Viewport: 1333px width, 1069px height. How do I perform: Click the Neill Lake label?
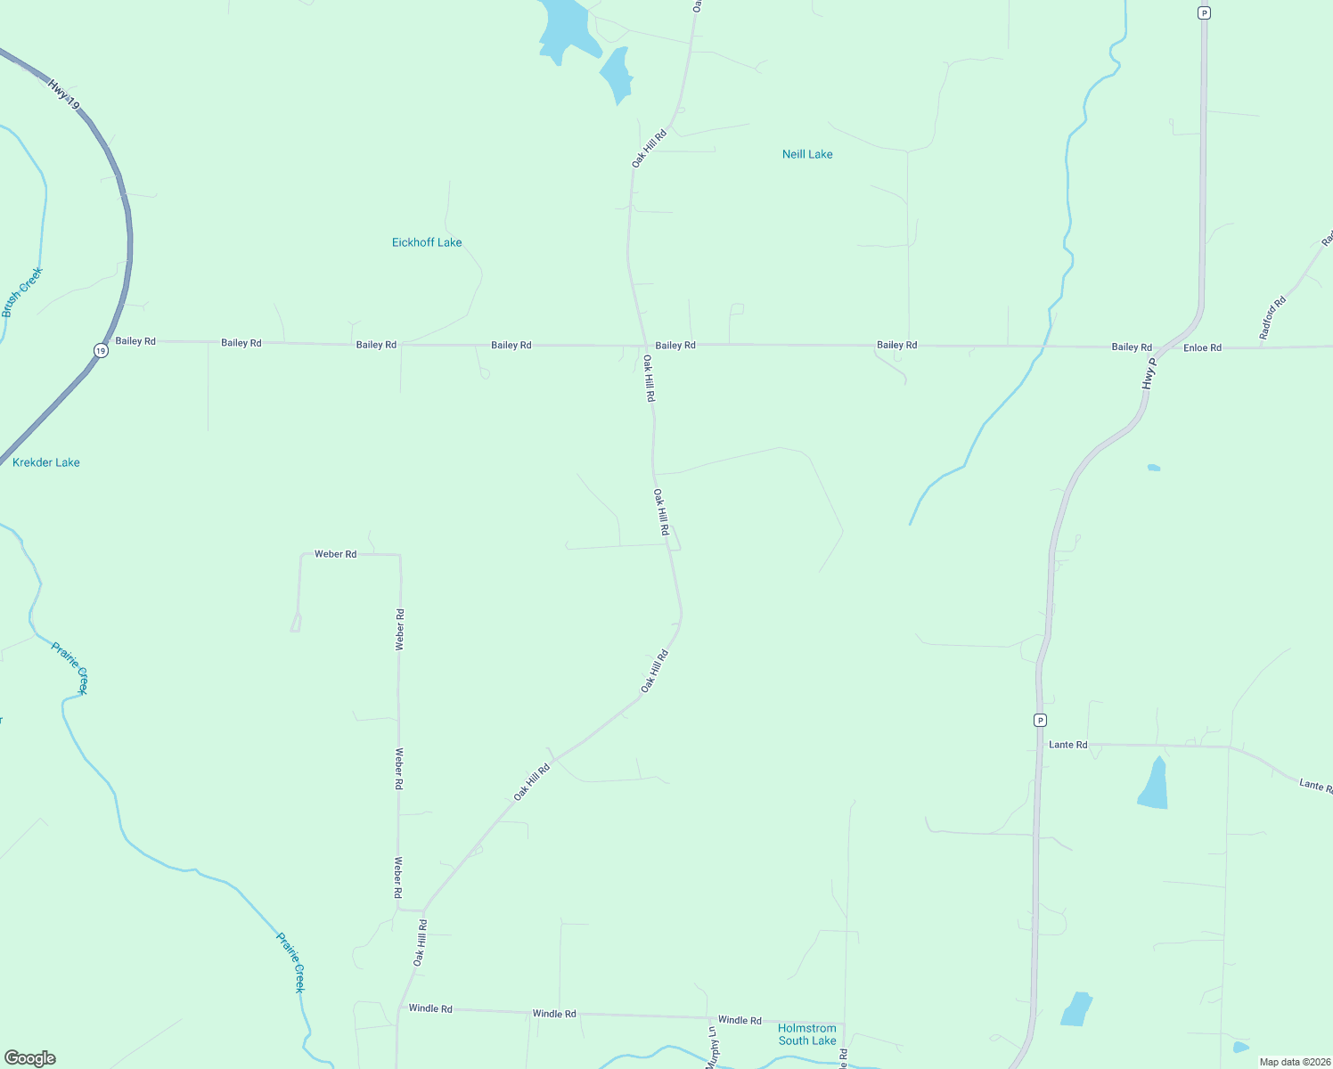coord(807,154)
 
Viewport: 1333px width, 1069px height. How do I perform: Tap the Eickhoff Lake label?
coord(427,242)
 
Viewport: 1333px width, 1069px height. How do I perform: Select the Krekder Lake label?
coord(46,462)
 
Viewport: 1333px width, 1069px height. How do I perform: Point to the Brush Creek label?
coord(22,292)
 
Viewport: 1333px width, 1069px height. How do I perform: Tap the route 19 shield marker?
coord(101,351)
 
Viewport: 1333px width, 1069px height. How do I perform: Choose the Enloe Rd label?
coord(1202,347)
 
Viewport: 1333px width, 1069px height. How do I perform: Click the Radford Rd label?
coord(1272,317)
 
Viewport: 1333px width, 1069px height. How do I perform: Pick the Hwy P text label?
coord(1149,373)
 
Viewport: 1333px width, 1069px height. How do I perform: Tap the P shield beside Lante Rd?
coord(1040,720)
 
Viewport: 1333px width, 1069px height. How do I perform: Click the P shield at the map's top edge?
coord(1204,12)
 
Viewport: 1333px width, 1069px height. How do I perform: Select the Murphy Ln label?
coord(712,1048)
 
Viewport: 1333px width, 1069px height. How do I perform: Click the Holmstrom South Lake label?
coord(807,1034)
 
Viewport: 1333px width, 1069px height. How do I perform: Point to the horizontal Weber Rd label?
coord(335,554)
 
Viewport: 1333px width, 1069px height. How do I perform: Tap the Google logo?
coord(30,1058)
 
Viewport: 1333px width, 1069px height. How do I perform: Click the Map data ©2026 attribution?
coord(1295,1062)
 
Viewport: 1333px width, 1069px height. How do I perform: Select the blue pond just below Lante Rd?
coord(1154,785)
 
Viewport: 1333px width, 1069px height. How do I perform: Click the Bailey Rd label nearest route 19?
coord(135,341)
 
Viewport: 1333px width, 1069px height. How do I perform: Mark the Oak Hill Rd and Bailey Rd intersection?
coord(645,346)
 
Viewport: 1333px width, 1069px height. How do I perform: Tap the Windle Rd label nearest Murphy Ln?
coord(740,1020)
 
